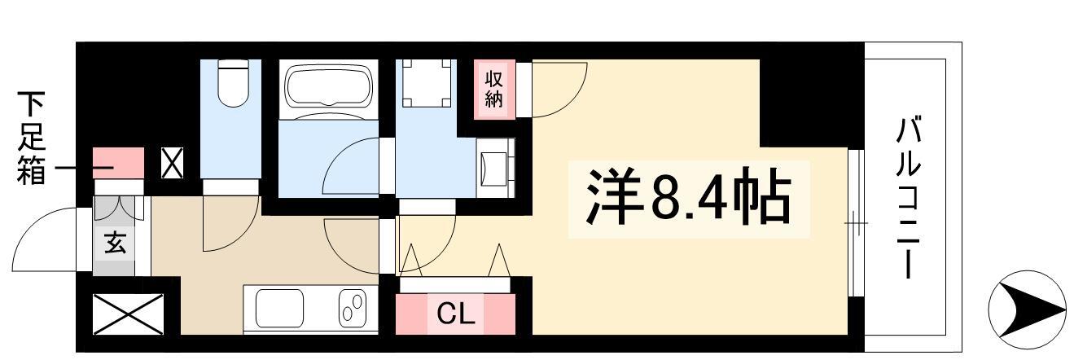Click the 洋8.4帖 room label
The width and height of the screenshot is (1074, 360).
coord(688,196)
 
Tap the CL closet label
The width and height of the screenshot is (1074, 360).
coord(455,314)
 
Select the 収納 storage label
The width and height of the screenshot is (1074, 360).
coord(493,89)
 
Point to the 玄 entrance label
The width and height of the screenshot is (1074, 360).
coord(115,242)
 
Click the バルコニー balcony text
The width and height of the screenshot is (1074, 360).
coord(909,198)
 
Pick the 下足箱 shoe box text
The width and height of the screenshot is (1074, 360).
coord(31,138)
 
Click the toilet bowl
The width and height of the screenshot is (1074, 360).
coord(233,82)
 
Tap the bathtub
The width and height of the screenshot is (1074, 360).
coord(329,87)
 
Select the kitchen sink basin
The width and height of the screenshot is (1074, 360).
coord(279,309)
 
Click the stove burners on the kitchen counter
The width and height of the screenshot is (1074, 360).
coord(353,307)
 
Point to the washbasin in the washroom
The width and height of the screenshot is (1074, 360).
coord(495,169)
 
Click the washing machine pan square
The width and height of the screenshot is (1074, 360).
coord(427,83)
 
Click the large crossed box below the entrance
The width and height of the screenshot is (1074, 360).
coord(128,314)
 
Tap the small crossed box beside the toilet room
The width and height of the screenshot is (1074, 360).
coord(172,163)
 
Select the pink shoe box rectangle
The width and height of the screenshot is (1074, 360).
coord(118,163)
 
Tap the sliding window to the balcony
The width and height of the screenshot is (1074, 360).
coord(855,223)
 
